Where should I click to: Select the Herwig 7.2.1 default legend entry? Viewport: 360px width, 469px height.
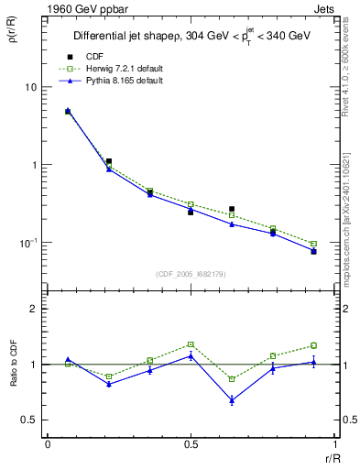[115, 70]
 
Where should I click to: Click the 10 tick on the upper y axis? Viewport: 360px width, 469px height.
[30, 87]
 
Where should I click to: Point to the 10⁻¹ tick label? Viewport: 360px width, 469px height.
[28, 243]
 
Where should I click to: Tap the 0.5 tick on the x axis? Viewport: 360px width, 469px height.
[191, 444]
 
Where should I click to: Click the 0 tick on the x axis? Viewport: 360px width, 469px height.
[48, 444]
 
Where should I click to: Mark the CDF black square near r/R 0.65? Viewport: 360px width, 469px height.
[232, 209]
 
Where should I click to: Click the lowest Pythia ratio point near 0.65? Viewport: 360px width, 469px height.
[232, 400]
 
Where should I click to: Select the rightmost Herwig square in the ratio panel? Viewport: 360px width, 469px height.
[313, 345]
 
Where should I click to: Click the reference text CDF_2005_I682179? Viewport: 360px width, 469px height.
[191, 273]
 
